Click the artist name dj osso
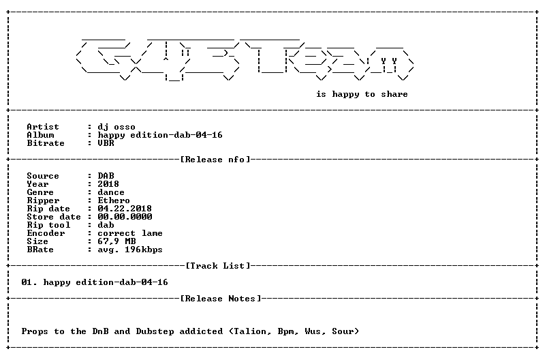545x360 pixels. pyautogui.click(x=116, y=127)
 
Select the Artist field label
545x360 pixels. pyautogui.click(x=43, y=127)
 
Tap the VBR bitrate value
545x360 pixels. pyautogui.click(x=106, y=143)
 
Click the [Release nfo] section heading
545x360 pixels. pyautogui.click(x=215, y=160)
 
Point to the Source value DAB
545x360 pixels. pyautogui.click(x=106, y=176)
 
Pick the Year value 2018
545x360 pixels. pyautogui.click(x=108, y=184)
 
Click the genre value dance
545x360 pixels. pyautogui.click(x=111, y=192)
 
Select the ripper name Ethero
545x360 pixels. pyautogui.click(x=114, y=200)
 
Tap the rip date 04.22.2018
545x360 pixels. pyautogui.click(x=125, y=209)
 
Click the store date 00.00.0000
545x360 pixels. pyautogui.click(x=125, y=217)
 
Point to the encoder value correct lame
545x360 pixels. pyautogui.click(x=130, y=233)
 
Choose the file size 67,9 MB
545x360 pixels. pyautogui.click(x=116, y=241)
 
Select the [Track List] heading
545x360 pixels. pyautogui.click(x=218, y=266)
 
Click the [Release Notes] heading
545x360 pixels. pyautogui.click(x=221, y=299)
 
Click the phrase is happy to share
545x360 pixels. pyautogui.click(x=362, y=94)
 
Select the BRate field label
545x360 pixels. pyautogui.click(x=40, y=250)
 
